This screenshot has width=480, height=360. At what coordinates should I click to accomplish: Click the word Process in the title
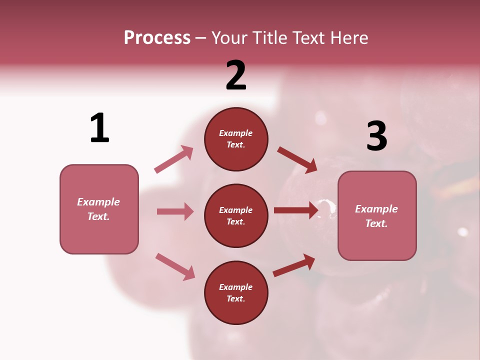(157, 37)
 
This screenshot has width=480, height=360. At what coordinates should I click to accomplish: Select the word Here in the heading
(348, 37)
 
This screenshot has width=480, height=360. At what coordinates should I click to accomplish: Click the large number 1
(99, 128)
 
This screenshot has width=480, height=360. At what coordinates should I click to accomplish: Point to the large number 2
(236, 75)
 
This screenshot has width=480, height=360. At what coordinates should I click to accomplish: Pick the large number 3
(376, 136)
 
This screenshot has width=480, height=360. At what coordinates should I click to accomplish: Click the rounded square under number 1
(99, 209)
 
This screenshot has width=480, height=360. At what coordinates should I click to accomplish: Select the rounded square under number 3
(377, 216)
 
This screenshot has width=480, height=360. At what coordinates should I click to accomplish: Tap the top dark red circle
(236, 139)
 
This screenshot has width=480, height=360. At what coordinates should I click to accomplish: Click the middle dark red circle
(236, 215)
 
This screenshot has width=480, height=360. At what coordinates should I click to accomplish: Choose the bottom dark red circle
(236, 292)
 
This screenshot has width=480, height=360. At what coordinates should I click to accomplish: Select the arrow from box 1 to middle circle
(175, 211)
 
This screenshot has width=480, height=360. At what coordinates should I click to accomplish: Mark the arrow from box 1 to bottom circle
(175, 266)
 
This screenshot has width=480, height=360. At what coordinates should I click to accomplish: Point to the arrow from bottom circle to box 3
(294, 265)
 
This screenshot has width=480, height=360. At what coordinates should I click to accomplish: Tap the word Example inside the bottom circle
(236, 287)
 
